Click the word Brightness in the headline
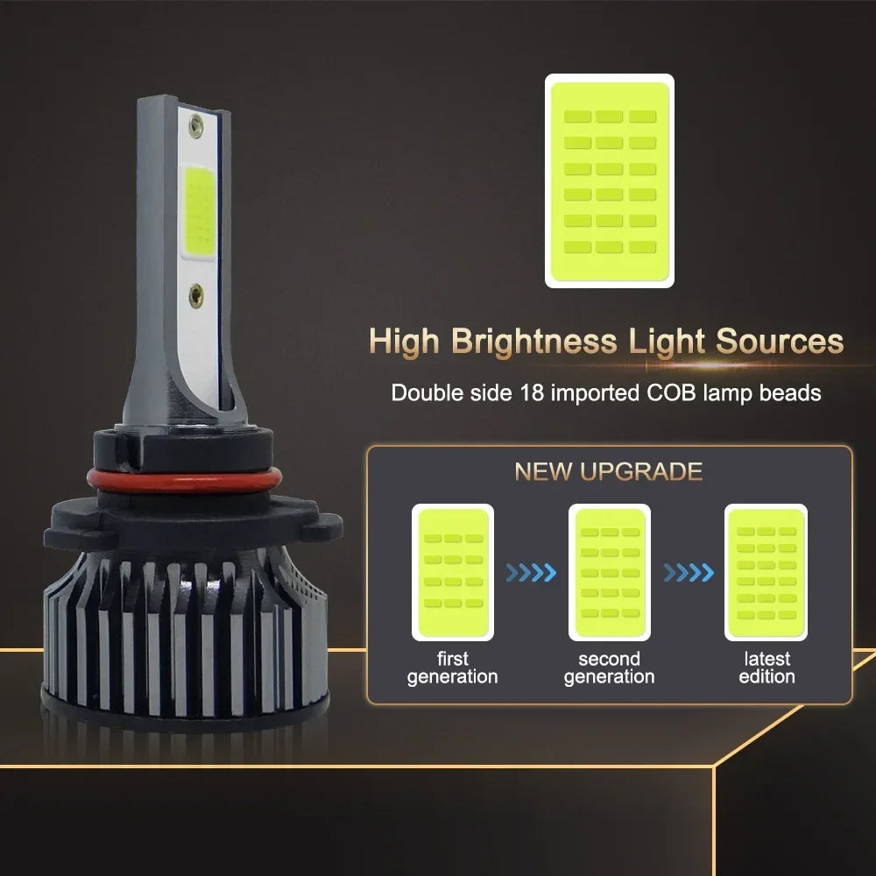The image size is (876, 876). coord(533,341)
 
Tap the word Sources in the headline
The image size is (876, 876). coord(780,341)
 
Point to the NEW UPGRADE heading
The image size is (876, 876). coord(608,472)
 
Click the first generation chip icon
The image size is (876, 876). coord(452,572)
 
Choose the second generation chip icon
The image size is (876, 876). coord(609,572)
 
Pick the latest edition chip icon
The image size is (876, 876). coord(766,572)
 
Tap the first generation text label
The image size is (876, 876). coord(452,668)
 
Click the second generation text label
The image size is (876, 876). coord(609,668)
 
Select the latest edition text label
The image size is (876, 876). coord(766,668)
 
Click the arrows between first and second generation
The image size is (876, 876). coord(531,573)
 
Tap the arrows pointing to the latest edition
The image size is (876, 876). coord(688,573)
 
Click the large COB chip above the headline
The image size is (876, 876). coord(610,180)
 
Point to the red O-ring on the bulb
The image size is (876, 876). coord(184,480)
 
